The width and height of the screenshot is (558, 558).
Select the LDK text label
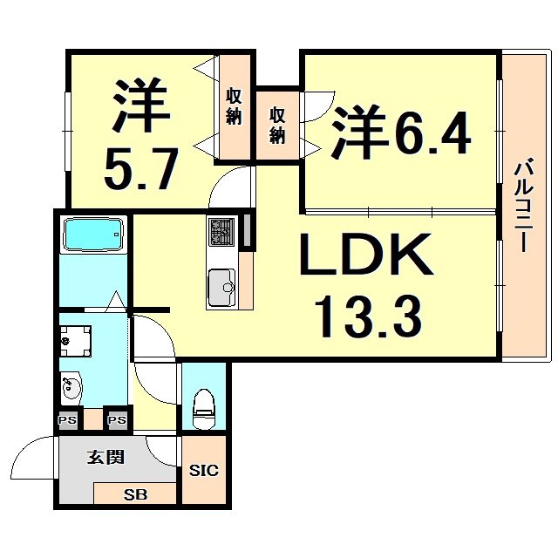pos(365,254)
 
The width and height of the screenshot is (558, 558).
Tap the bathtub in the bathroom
pos(94,235)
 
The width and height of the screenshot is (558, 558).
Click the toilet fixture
pos(203,408)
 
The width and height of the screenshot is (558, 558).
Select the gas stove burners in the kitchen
pos(221,232)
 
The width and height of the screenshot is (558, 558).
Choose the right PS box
pos(117,420)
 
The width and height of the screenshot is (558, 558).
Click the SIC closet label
pos(204,471)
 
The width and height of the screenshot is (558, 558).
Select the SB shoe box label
pos(134,494)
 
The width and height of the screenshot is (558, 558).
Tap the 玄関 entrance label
pos(105,457)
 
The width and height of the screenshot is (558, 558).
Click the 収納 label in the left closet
pos(234,107)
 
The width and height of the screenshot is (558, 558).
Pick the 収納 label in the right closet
pos(277,125)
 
